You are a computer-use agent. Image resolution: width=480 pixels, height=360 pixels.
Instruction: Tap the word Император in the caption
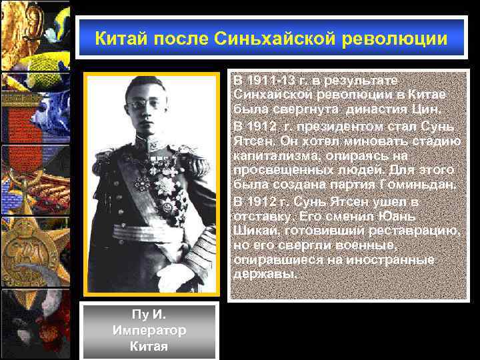[x=149, y=331]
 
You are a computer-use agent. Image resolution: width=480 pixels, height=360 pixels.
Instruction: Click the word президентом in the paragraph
[x=330, y=125]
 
